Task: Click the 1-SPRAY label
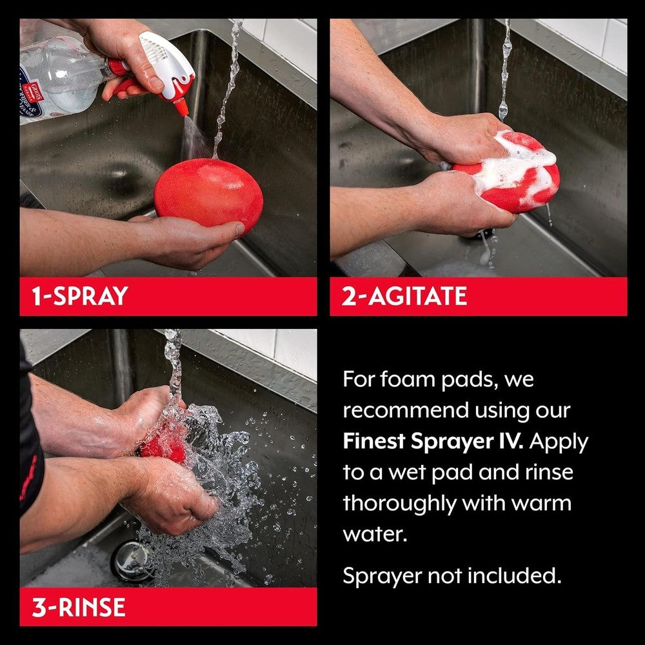[x=80, y=296]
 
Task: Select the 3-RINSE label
[x=79, y=607]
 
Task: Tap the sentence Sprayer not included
[x=451, y=576]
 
